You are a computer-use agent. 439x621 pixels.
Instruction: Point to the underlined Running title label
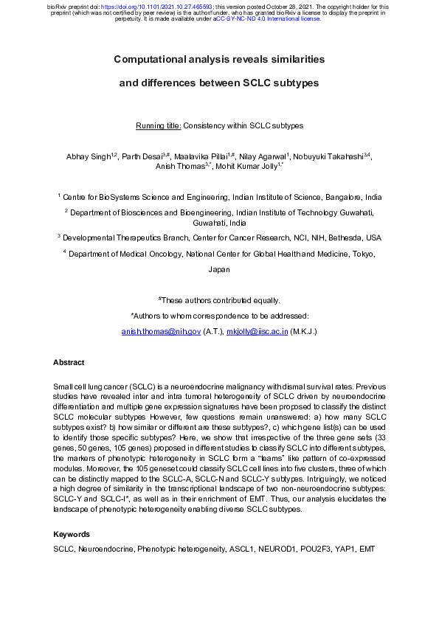(x=159, y=126)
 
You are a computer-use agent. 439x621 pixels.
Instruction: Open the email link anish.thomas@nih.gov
(x=161, y=333)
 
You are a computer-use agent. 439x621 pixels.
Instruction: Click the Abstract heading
(x=69, y=363)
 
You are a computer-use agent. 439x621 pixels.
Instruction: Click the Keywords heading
(x=72, y=534)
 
